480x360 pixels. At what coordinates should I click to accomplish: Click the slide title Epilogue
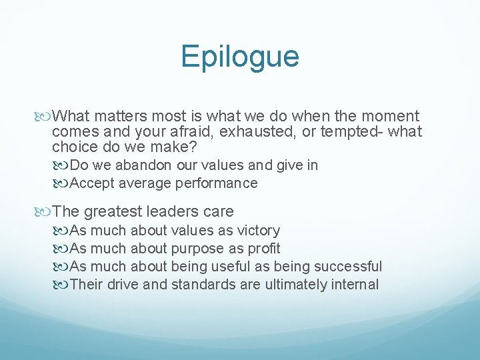pyautogui.click(x=240, y=57)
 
